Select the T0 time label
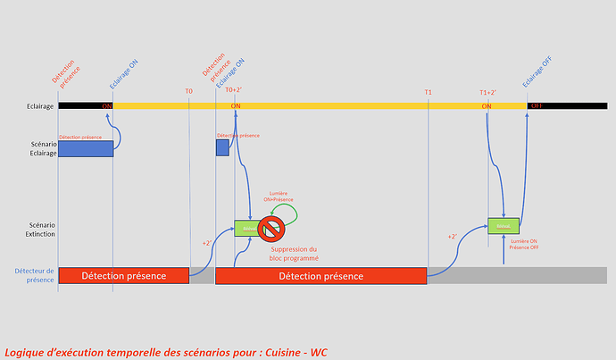point(189,91)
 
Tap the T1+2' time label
point(488,92)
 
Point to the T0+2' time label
point(234,90)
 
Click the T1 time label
point(429,91)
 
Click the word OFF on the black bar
point(537,106)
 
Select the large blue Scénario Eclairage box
point(86,148)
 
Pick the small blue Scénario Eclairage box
point(222,148)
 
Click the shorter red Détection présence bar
point(123,276)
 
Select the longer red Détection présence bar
point(320,276)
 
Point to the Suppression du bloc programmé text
point(294,254)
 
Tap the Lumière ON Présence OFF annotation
point(523,245)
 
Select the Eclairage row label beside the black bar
point(39,106)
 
